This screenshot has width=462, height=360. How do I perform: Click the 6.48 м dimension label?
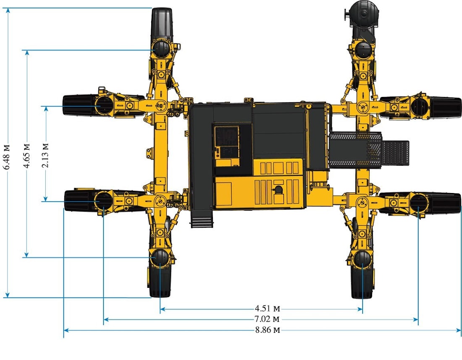(x=7, y=157)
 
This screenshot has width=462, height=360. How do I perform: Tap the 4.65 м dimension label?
(x=26, y=156)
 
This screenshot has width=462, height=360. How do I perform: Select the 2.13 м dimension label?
(x=45, y=155)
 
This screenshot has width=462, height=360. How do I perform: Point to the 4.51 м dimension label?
(x=267, y=308)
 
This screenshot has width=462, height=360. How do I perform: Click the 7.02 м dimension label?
(x=267, y=319)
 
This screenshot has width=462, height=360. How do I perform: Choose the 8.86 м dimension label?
(x=268, y=330)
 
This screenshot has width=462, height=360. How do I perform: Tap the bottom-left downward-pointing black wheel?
(x=160, y=281)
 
